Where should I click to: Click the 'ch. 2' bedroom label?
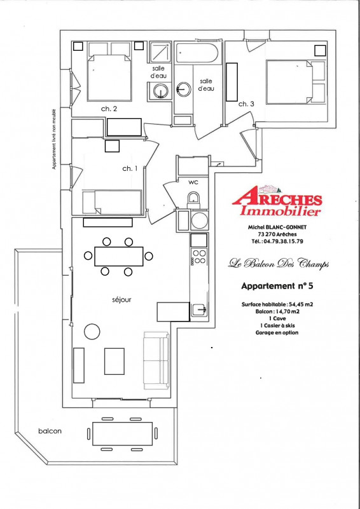(109, 109)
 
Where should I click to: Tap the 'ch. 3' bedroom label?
(246, 104)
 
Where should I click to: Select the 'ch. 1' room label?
(130, 168)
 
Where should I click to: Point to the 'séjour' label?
(122, 300)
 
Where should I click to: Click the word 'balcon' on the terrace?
(50, 431)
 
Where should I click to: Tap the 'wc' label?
(193, 182)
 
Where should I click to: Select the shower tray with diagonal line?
(160, 52)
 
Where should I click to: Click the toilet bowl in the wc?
(193, 200)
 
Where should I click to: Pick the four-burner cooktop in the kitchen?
(199, 257)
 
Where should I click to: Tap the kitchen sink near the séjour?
(199, 309)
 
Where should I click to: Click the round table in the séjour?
(92, 332)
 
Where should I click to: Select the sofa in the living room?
(156, 360)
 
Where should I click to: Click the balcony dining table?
(123, 433)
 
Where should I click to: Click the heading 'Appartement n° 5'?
(277, 286)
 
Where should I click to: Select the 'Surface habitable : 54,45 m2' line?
(277, 304)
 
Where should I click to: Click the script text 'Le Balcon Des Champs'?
(279, 262)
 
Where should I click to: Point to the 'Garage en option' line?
(277, 333)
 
